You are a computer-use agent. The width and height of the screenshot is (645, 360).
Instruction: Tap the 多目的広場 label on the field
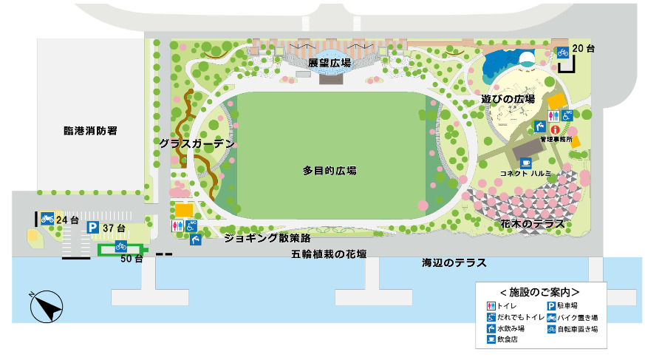coord(330,170)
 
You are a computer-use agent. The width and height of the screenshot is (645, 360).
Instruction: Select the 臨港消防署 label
coord(91,131)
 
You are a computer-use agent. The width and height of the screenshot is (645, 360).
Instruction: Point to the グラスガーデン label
coord(197,143)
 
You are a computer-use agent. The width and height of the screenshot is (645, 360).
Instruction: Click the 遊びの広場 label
coord(508,98)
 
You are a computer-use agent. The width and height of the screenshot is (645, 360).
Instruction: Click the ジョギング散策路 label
coord(267,238)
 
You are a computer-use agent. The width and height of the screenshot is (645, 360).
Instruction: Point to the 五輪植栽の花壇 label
coord(330,254)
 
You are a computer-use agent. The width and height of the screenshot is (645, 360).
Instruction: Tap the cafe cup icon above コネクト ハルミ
coord(525,163)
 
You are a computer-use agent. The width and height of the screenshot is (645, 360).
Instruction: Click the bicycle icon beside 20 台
coord(563,52)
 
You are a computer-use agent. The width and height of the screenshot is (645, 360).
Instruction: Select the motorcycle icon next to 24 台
coord(47,218)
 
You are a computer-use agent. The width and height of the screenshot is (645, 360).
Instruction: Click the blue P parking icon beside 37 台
coord(92,228)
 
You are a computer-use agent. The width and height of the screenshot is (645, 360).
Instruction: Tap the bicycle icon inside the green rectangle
coord(120,247)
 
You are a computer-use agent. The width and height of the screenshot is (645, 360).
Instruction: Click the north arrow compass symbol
coord(45,306)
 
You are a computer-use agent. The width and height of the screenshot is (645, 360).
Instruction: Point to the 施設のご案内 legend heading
coord(539,292)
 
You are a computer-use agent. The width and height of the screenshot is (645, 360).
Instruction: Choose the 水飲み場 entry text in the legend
coord(511,328)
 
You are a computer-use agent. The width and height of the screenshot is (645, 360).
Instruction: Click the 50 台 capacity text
coord(132,259)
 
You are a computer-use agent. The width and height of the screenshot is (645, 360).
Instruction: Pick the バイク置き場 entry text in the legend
coord(576,317)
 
